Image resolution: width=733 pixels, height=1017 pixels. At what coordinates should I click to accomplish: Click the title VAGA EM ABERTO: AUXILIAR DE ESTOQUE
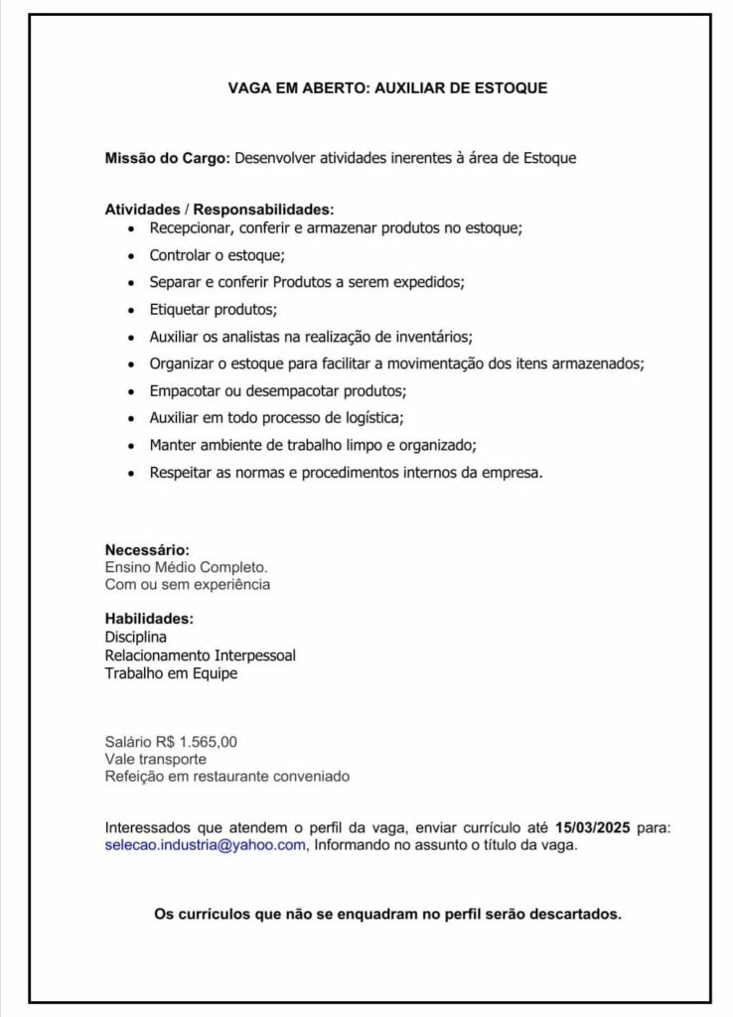[x=387, y=88]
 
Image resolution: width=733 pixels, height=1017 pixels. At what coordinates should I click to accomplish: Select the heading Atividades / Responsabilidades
[x=220, y=210]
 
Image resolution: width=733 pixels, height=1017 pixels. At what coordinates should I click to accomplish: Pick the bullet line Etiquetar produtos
[x=213, y=308]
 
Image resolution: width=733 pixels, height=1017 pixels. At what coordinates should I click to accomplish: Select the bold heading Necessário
[x=147, y=549]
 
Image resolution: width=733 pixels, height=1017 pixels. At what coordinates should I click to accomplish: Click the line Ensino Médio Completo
[x=186, y=567]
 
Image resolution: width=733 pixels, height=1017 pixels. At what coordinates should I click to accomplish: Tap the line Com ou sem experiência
[x=187, y=585]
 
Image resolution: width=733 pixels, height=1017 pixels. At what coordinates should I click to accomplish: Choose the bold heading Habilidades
[x=149, y=619]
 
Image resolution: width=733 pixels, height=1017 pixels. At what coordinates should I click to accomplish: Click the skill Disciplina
[x=136, y=637]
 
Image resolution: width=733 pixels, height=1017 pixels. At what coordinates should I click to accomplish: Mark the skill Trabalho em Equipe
[x=171, y=673]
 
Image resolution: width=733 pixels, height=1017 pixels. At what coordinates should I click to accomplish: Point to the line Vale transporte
[x=156, y=759]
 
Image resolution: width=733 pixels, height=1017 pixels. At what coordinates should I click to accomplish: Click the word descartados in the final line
[x=577, y=914]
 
